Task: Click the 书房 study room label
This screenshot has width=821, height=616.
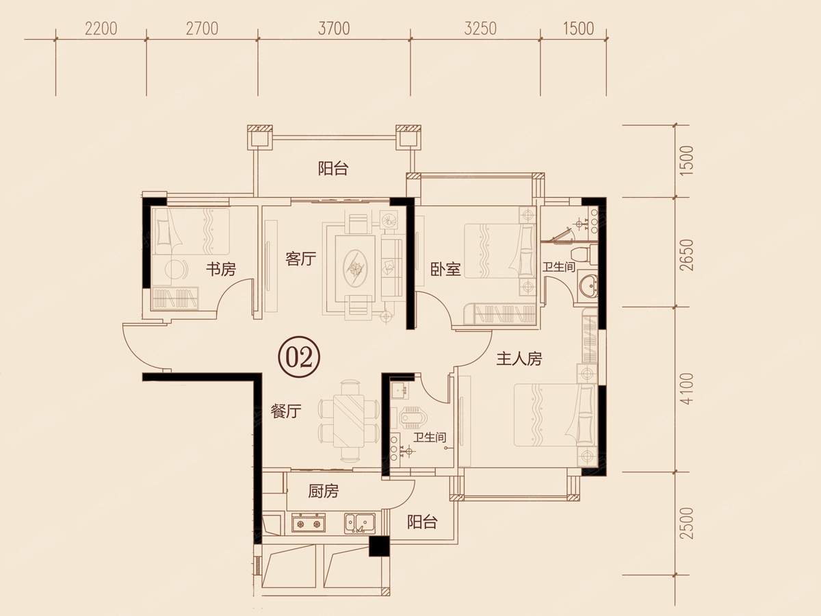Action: pyautogui.click(x=221, y=269)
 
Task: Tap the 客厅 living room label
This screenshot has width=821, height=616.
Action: pyautogui.click(x=301, y=259)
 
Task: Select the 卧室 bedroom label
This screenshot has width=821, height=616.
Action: pyautogui.click(x=445, y=269)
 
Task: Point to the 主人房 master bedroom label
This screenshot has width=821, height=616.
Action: pyautogui.click(x=519, y=359)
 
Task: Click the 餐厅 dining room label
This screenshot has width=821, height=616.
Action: pyautogui.click(x=286, y=411)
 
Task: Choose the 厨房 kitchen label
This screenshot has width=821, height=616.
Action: pyautogui.click(x=324, y=491)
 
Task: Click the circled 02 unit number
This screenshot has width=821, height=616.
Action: pyautogui.click(x=299, y=357)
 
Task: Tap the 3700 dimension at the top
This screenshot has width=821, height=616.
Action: pyautogui.click(x=334, y=29)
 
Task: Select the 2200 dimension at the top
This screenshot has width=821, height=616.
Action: pyautogui.click(x=101, y=29)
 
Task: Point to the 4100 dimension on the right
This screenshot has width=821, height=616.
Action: pyautogui.click(x=688, y=388)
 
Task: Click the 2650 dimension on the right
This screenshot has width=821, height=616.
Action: pyautogui.click(x=688, y=255)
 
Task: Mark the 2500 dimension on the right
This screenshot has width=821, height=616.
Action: pyautogui.click(x=688, y=523)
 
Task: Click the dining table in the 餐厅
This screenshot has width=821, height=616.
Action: pyautogui.click(x=349, y=420)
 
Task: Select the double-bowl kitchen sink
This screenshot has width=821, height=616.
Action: pyautogui.click(x=360, y=523)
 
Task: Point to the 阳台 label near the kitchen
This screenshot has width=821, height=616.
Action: pyautogui.click(x=423, y=522)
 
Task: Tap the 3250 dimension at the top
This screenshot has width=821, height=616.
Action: pyautogui.click(x=481, y=29)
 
